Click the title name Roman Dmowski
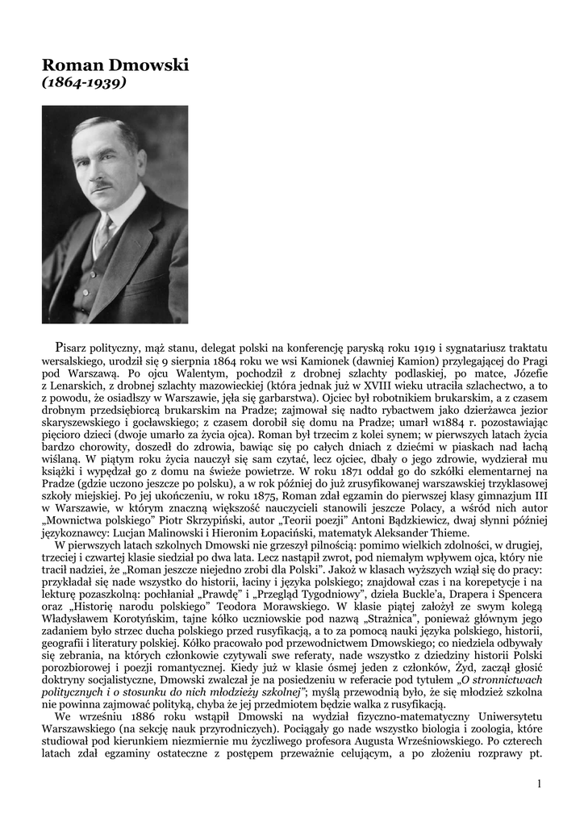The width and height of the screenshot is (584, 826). click(115, 65)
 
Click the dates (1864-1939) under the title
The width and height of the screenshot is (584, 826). click(84, 82)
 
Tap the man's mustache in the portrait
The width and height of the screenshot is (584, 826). click(101, 186)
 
